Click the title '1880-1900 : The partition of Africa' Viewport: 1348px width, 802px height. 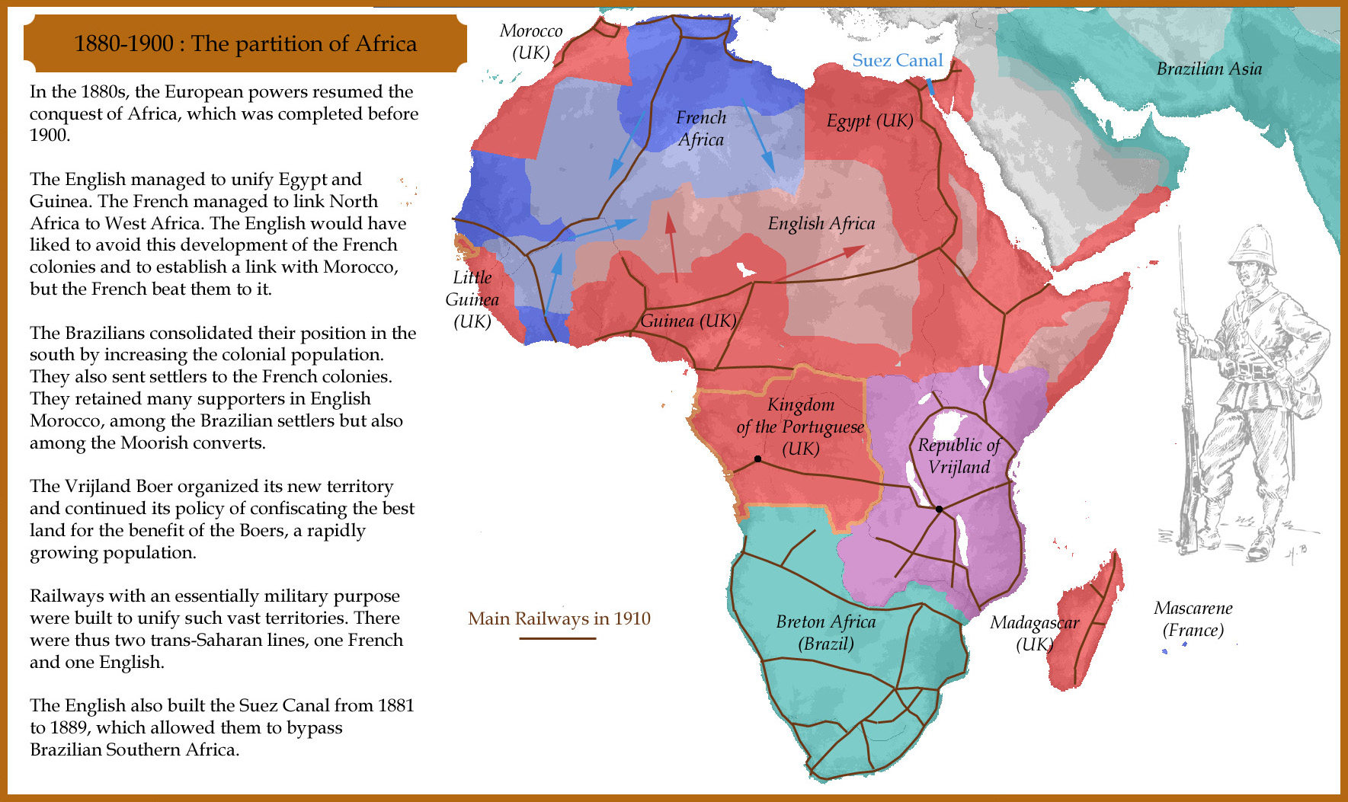(245, 43)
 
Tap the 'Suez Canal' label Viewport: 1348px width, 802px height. (897, 60)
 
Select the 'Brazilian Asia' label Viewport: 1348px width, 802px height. (1209, 69)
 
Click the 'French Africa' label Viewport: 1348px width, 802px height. (701, 128)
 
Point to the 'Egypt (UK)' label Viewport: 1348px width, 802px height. (869, 120)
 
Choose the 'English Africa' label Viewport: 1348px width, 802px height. (821, 223)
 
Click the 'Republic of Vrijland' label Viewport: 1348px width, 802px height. (959, 455)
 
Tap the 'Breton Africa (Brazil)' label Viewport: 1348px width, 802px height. (826, 632)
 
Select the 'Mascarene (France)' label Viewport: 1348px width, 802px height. (1193, 618)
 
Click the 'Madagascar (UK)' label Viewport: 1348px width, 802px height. (1034, 633)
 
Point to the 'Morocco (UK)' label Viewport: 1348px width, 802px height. (531, 41)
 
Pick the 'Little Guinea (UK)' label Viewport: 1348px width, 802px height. (472, 299)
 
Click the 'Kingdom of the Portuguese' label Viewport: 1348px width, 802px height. (800, 427)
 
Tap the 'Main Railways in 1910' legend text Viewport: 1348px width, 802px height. (559, 618)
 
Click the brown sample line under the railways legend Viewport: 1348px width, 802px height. (557, 638)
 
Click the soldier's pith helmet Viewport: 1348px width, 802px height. (1251, 244)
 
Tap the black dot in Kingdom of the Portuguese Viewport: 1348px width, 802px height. (757, 459)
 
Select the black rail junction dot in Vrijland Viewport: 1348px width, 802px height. (939, 509)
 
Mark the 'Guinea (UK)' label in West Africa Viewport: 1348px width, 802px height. (688, 321)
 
